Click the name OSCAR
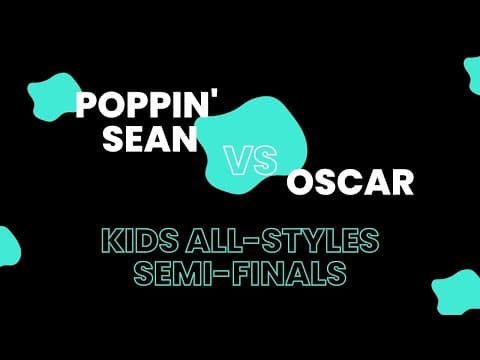337,184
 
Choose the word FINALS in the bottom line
276,271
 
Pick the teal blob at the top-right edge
472,75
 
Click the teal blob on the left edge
8,245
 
